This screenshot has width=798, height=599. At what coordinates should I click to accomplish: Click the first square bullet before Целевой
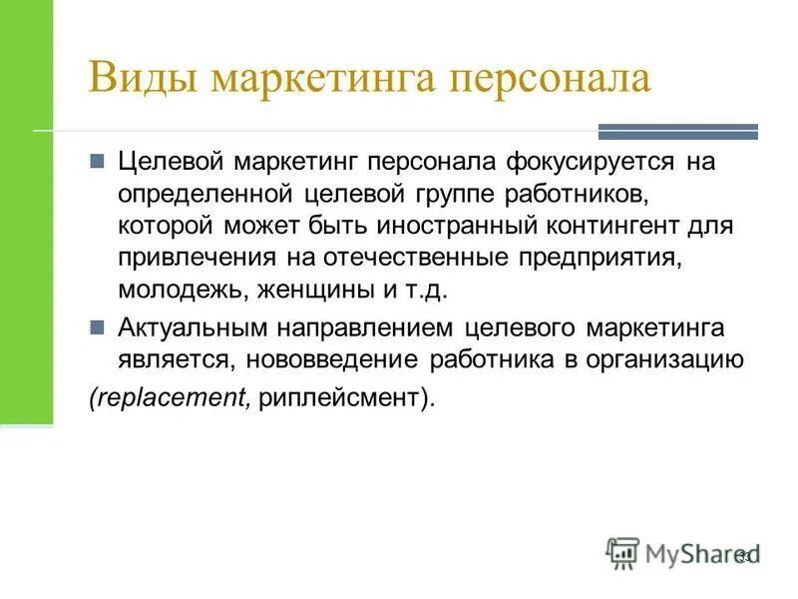click(x=98, y=161)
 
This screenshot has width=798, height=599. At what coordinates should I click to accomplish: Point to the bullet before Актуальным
click(x=98, y=326)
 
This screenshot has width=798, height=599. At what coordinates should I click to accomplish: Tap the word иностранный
click(x=424, y=226)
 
